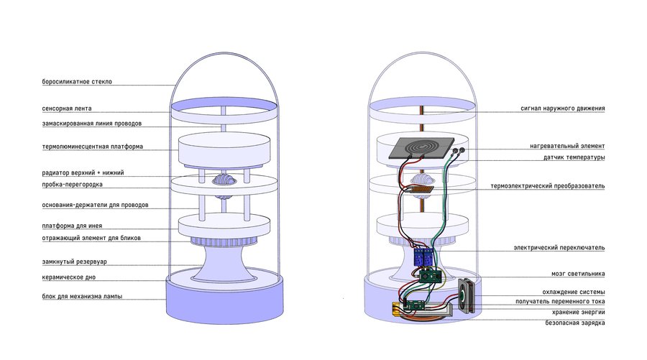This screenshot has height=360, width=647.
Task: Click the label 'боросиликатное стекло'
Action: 77,82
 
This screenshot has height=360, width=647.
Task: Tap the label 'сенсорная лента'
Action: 67,109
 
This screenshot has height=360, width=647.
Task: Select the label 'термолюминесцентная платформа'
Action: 93,147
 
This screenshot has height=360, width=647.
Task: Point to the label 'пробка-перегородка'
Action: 72,185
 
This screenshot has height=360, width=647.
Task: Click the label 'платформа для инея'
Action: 72,226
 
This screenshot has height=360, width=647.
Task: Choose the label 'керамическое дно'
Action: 68,277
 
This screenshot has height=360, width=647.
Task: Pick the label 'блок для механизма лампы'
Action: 82,296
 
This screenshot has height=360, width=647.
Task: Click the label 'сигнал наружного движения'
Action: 563,109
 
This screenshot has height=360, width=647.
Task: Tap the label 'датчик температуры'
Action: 574,157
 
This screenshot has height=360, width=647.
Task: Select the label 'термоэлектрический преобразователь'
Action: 548,186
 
